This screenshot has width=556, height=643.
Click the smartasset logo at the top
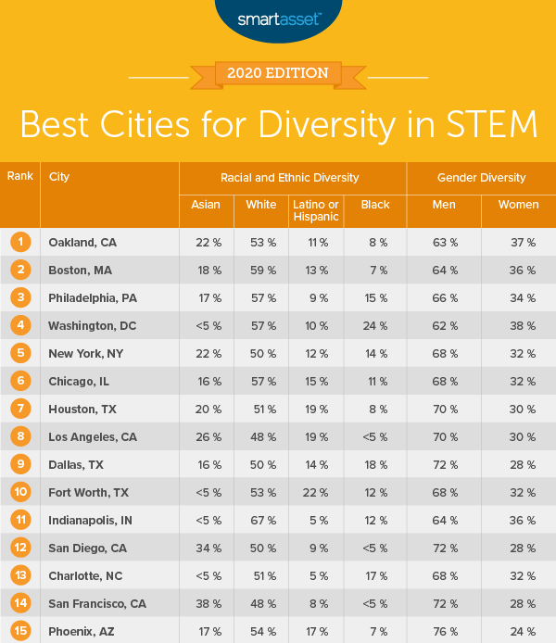[x=277, y=19]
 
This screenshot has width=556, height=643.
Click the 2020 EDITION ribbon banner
[x=278, y=72]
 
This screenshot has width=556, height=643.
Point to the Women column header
[x=517, y=205]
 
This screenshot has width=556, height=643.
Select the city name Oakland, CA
[x=82, y=242]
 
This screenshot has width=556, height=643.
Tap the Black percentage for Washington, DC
[x=374, y=325]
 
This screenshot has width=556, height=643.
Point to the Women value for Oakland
[x=517, y=242]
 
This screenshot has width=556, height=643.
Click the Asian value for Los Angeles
[x=206, y=436]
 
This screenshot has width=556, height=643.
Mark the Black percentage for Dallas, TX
[x=374, y=464]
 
